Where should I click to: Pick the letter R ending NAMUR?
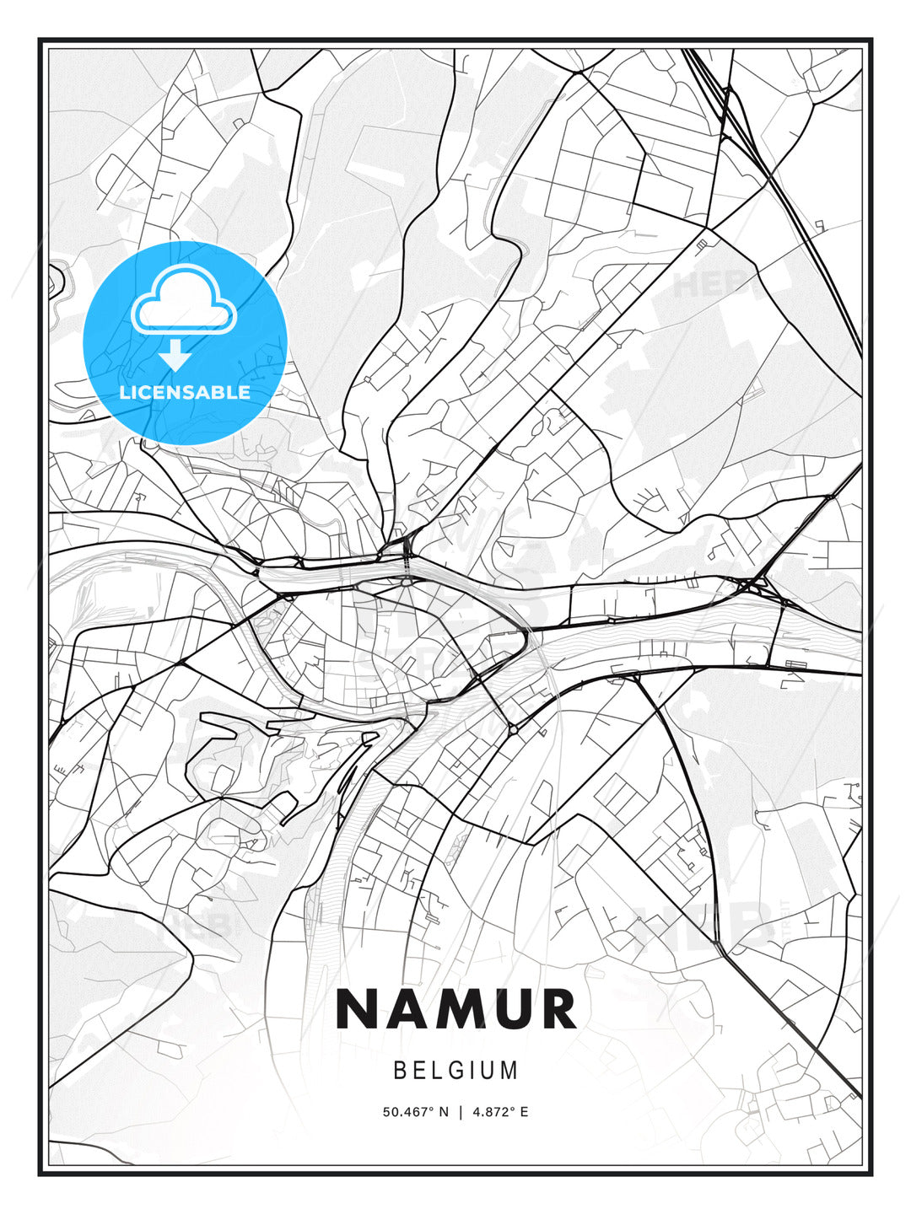[558, 1009]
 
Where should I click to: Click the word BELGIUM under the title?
[455, 1071]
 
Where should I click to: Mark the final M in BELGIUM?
[510, 1071]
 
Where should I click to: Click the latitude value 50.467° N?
[416, 1112]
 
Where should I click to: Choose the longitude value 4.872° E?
[500, 1112]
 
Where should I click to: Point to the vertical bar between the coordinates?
[461, 1112]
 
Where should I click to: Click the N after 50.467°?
[445, 1112]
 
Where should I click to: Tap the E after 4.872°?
[524, 1112]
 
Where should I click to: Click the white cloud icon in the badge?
[184, 301]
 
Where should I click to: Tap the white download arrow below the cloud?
[175, 355]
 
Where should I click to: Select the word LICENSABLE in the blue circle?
[185, 392]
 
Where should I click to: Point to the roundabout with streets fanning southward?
[407, 581]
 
